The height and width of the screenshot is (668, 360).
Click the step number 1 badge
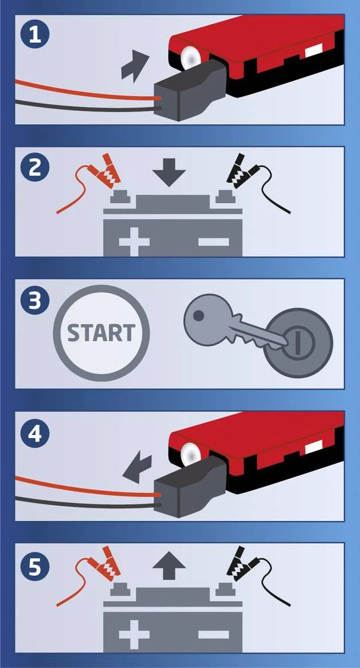pyautogui.click(x=35, y=35)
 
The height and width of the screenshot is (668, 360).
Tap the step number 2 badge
pyautogui.click(x=35, y=168)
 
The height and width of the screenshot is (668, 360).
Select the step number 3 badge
pyautogui.click(x=35, y=300)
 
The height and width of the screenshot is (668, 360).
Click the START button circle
pyautogui.click(x=102, y=333)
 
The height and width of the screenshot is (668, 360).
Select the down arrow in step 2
pyautogui.click(x=169, y=171)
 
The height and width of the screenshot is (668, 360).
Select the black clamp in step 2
pyautogui.click(x=242, y=171)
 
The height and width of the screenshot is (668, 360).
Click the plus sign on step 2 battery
pyautogui.click(x=134, y=242)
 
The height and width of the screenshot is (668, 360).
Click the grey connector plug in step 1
pyautogui.click(x=190, y=90)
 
